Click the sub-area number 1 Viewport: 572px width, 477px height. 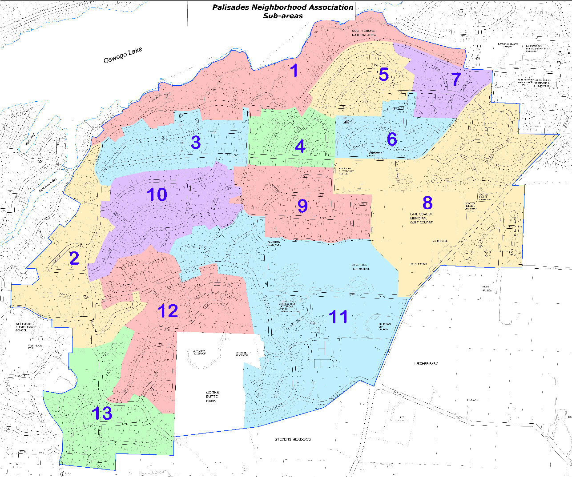(x=294, y=71)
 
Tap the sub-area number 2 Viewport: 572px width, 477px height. (x=74, y=258)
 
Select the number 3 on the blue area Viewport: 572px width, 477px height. (x=196, y=142)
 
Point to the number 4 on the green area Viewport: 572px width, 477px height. (x=300, y=146)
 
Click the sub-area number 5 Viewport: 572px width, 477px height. (x=384, y=74)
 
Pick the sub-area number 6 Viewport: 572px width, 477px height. (x=392, y=139)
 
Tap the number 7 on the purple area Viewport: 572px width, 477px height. (x=456, y=79)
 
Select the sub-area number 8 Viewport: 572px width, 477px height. (x=427, y=203)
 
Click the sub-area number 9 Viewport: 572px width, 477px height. (x=302, y=206)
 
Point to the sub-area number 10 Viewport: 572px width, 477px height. (x=157, y=195)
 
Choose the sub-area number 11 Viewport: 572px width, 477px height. (x=338, y=317)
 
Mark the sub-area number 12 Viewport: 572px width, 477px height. (x=168, y=311)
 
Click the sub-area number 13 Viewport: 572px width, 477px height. (x=102, y=413)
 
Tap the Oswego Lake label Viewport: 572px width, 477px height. (x=123, y=56)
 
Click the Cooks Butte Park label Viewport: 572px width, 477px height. (x=211, y=397)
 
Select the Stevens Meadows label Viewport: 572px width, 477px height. (x=292, y=439)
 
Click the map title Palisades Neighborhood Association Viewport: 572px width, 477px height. (x=282, y=8)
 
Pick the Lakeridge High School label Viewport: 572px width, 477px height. (x=360, y=266)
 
